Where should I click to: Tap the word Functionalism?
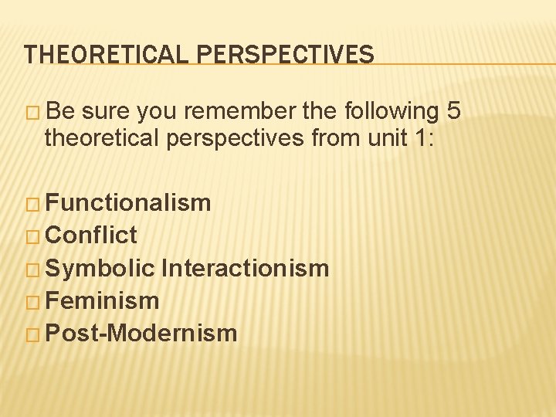click(128, 203)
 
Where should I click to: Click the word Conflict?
click(91, 235)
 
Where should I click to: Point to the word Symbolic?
click(100, 269)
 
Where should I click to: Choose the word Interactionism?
click(246, 268)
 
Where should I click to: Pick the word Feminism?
click(102, 300)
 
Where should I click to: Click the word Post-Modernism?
click(141, 334)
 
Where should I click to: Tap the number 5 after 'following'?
click(454, 112)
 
